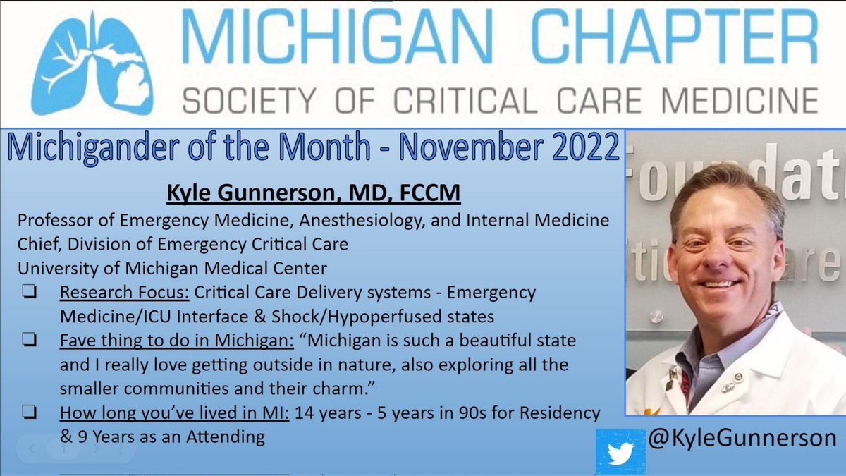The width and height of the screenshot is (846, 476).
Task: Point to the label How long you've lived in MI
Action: [x=173, y=413]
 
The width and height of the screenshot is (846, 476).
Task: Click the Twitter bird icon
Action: [x=620, y=451]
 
